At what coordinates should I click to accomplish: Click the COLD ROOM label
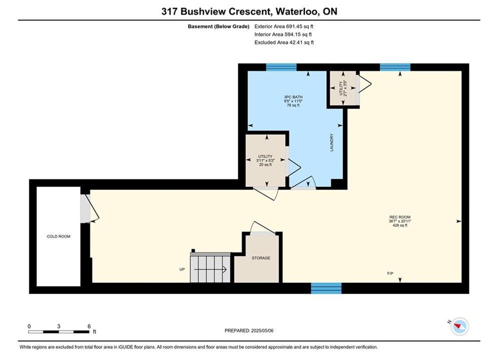[59, 236]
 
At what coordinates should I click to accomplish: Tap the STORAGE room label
[261, 258]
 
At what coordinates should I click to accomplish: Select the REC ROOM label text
[400, 217]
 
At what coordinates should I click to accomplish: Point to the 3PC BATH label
[293, 97]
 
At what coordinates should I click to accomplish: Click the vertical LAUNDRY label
[332, 142]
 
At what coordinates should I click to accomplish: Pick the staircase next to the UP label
[210, 267]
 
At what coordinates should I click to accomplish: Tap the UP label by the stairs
[182, 269]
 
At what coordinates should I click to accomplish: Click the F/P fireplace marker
[390, 273]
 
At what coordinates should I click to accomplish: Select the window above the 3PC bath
[281, 67]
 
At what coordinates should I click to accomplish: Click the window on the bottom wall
[326, 288]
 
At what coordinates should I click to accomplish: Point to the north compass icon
[459, 326]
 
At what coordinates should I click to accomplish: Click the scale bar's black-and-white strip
[59, 332]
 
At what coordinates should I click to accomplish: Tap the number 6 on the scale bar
[89, 326]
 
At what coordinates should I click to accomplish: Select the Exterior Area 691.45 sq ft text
[284, 26]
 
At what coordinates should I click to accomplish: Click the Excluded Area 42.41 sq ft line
[284, 42]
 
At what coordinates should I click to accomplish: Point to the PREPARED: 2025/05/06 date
[249, 330]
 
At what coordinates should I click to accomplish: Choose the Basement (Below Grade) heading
[219, 26]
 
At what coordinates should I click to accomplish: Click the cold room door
[89, 208]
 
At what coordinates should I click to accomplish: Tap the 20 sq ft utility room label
[265, 165]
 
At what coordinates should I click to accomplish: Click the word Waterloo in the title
[297, 11]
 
